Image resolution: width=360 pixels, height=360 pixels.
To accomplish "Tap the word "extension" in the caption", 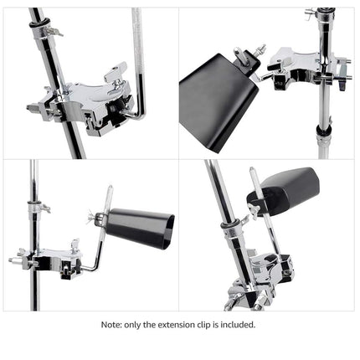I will [x=182, y=325].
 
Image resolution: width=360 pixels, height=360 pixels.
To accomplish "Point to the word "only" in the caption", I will [x=139, y=325].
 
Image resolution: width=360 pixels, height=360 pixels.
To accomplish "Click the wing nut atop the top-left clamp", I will [x=121, y=72].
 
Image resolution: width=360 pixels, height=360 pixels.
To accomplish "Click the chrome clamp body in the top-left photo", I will [x=88, y=105].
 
